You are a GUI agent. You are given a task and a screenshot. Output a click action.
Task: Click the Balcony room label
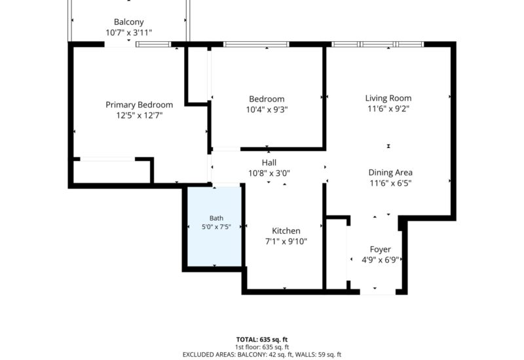128,22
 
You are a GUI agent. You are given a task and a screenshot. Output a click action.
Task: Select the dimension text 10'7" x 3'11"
128,33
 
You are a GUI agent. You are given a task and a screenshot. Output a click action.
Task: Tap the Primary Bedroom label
140,105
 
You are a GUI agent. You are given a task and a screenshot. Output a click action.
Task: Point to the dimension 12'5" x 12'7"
140,116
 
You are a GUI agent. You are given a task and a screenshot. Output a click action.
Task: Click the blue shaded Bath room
215,226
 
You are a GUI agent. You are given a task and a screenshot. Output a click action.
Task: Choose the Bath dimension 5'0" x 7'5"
216,227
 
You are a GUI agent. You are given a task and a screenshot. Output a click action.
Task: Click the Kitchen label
286,231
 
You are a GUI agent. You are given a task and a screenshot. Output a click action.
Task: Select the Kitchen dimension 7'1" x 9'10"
286,242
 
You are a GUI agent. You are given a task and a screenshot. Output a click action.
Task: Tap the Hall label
269,162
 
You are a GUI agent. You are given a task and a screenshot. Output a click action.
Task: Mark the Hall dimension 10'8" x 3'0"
269,173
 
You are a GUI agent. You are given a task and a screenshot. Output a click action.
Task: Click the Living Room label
388,98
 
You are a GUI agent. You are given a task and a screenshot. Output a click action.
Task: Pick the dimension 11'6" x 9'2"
388,109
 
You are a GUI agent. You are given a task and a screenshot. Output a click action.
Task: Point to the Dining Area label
390,173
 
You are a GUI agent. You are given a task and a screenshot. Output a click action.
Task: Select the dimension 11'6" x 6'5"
390,183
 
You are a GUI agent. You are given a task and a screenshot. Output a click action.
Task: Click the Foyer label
381,249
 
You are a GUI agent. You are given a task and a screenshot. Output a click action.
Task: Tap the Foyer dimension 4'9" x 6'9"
381,260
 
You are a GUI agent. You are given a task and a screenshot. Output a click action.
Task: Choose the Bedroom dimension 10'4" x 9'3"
267,109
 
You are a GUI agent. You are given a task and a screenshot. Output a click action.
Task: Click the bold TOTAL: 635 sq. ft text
262,340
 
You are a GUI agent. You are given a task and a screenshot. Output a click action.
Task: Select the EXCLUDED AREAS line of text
262,355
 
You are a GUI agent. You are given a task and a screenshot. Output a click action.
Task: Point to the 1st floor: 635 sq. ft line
262,348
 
